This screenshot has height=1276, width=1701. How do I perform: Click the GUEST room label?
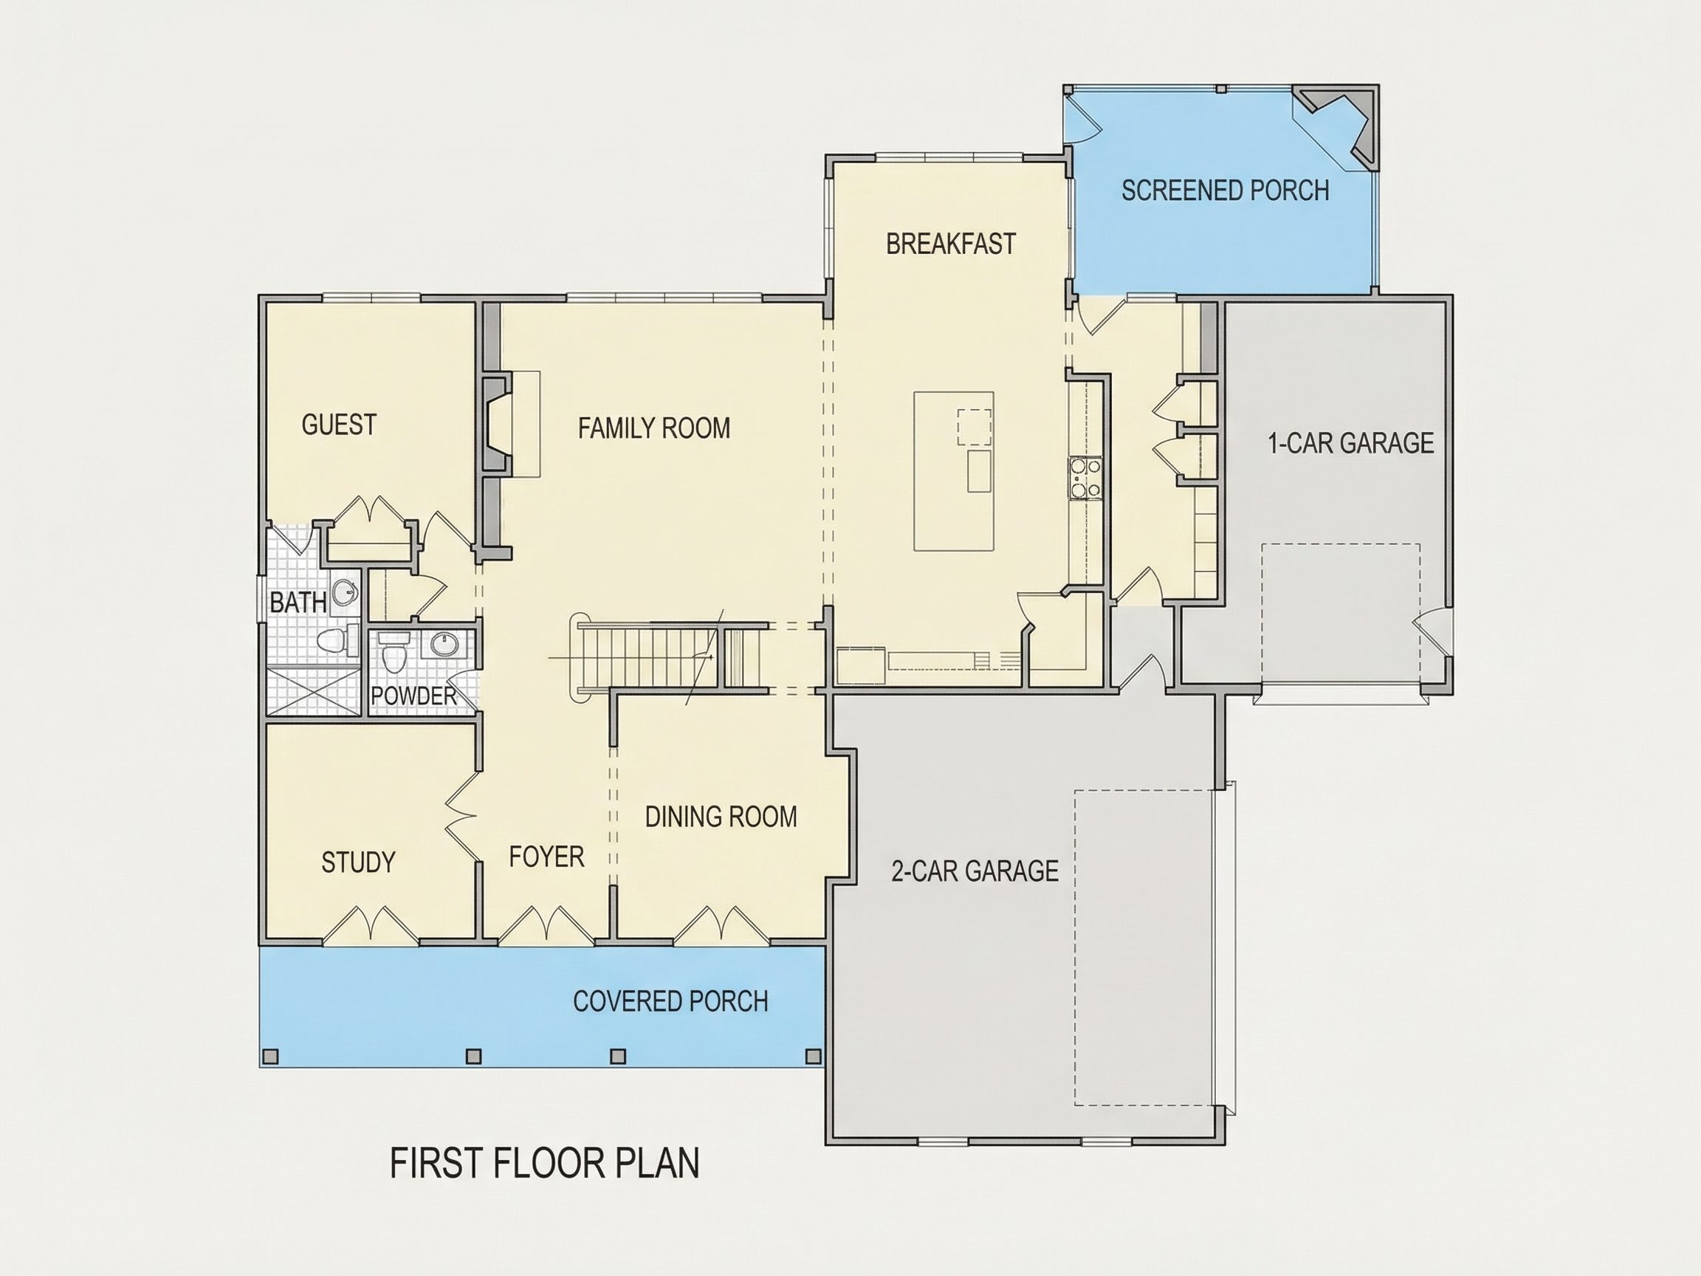pyautogui.click(x=339, y=425)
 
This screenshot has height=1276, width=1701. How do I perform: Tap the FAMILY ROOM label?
pyautogui.click(x=654, y=428)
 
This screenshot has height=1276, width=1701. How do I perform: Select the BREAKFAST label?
pyautogui.click(x=951, y=244)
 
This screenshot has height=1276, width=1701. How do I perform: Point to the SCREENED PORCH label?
pyautogui.click(x=1226, y=191)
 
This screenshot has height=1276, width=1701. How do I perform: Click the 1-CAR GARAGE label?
pyautogui.click(x=1351, y=443)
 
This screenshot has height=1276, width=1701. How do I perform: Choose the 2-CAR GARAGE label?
pyautogui.click(x=975, y=871)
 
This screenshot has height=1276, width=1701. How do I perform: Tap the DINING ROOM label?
pyautogui.click(x=721, y=817)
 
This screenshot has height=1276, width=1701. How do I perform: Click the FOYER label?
pyautogui.click(x=547, y=857)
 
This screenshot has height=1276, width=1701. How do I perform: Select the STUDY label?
pyautogui.click(x=358, y=863)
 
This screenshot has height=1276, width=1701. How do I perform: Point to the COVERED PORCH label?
pyautogui.click(x=670, y=1001)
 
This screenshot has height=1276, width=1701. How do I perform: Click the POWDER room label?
pyautogui.click(x=413, y=696)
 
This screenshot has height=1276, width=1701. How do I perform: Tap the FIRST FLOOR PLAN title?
pyautogui.click(x=545, y=1163)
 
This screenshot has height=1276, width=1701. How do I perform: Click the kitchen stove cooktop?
pyautogui.click(x=1084, y=478)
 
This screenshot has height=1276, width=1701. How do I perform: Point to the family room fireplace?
pyautogui.click(x=497, y=425)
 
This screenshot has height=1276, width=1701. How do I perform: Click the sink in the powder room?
pyautogui.click(x=444, y=645)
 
